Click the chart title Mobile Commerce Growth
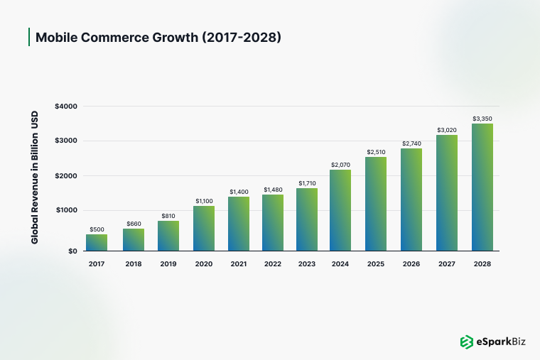coord(158,37)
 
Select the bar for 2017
coord(97,242)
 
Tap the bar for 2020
coord(204,228)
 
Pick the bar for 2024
coord(340,210)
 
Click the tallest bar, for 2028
coord(482,187)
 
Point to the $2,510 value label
coord(376,152)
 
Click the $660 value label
coord(134,224)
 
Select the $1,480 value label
coord(273,190)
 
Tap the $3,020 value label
coord(447,130)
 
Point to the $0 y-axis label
coord(72,251)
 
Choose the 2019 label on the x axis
coord(168,263)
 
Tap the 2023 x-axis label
coord(307,263)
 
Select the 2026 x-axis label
coord(412,263)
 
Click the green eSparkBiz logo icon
coord(466,342)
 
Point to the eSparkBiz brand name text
coord(502,342)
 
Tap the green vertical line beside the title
coord(28,37)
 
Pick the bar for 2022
coord(273,222)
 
